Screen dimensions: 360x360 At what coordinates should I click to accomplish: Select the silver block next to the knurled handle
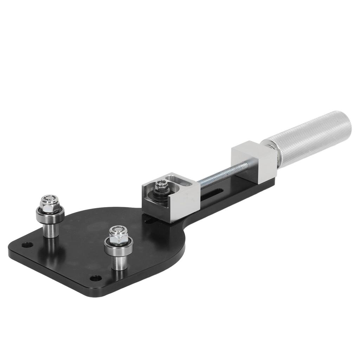pyautogui.click(x=253, y=161)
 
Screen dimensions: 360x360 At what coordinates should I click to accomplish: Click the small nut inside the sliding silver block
pyautogui.click(x=161, y=184)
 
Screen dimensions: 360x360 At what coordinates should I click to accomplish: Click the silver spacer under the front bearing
pyautogui.click(x=120, y=262)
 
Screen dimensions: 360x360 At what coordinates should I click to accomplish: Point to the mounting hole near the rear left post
pyautogui.click(x=25, y=245)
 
